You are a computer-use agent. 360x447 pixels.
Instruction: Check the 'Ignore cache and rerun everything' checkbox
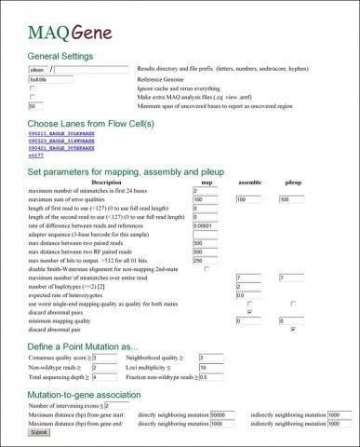(x=33, y=89)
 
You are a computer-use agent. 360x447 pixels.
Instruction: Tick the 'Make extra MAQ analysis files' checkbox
(x=33, y=98)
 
